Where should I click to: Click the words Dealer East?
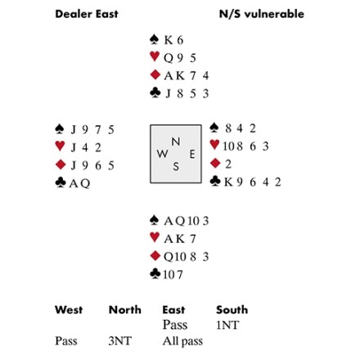87,14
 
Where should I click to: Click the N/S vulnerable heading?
262,14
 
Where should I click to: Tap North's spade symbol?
155,39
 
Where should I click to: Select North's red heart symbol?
155,56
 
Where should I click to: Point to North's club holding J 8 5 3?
187,93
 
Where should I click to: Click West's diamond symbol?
61,164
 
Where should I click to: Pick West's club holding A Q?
79,183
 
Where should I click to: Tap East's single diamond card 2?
228,164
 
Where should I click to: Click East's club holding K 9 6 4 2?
252,182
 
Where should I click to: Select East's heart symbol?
214,145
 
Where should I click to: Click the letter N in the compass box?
176,142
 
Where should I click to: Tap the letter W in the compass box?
162,154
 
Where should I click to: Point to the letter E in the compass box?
192,155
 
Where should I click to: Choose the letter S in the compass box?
176,166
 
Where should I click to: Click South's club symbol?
155,273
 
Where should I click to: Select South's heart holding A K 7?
180,239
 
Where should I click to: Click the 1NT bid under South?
227,325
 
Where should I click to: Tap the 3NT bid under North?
120,341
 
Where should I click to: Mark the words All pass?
182,341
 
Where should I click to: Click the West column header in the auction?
69,310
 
